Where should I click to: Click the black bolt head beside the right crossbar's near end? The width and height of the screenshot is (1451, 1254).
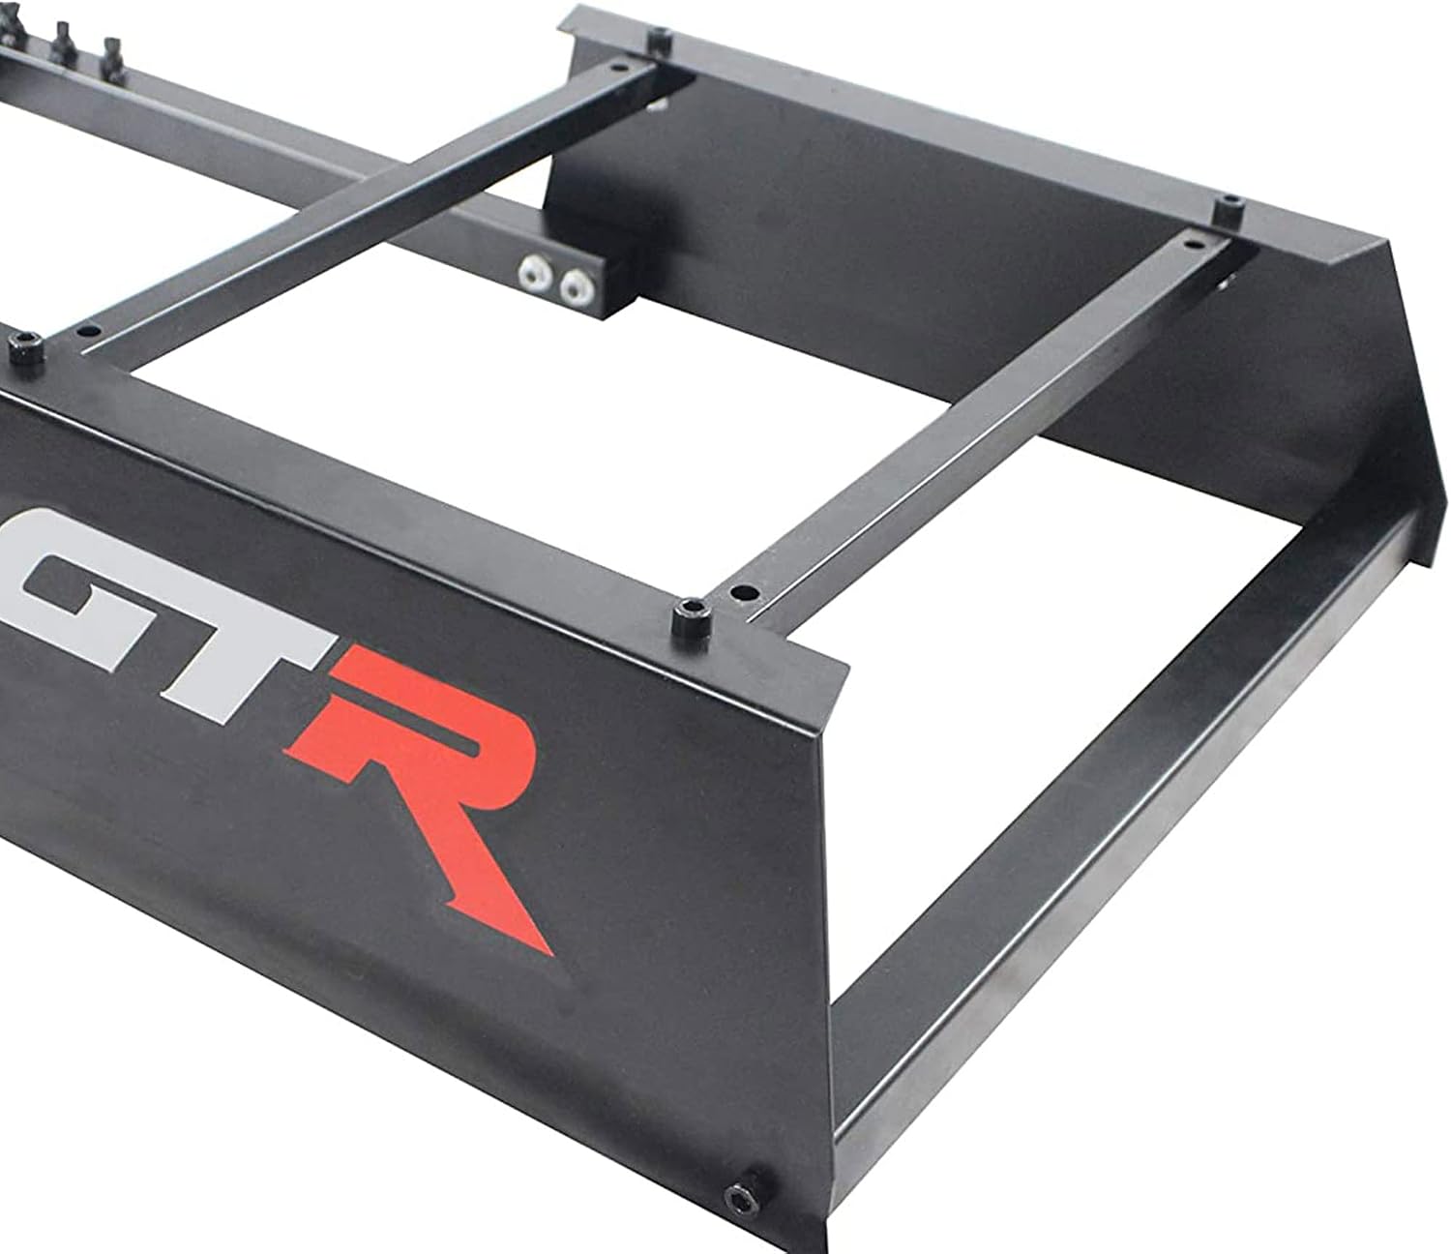(690, 615)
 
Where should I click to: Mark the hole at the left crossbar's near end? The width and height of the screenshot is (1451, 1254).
(86, 329)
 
